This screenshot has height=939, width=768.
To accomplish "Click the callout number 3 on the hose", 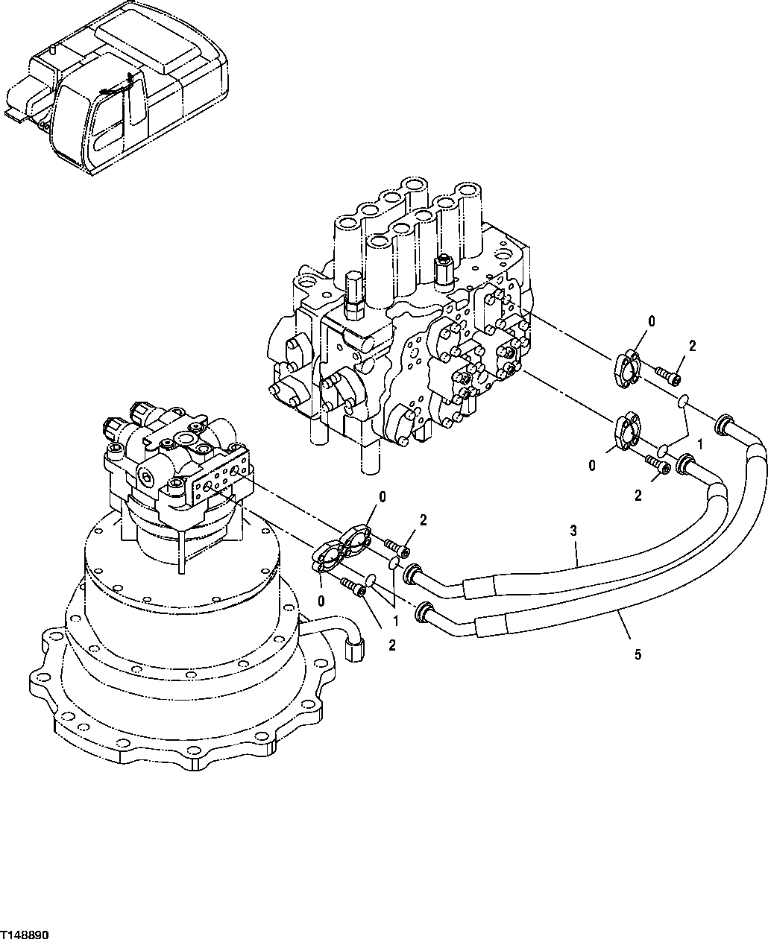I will pyautogui.click(x=573, y=531).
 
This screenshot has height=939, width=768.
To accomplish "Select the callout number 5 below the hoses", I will pyautogui.click(x=636, y=655).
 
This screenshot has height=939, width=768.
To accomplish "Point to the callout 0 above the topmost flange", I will pyautogui.click(x=651, y=322).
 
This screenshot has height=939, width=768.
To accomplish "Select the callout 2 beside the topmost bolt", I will pyautogui.click(x=692, y=346).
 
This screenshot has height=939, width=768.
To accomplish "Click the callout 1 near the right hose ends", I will pyautogui.click(x=699, y=444).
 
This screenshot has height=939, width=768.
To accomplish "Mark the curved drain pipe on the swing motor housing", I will pyautogui.click(x=339, y=630).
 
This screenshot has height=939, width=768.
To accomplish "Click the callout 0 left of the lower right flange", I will pyautogui.click(x=592, y=466).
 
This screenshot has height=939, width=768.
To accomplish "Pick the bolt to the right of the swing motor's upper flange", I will pyautogui.click(x=399, y=549).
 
